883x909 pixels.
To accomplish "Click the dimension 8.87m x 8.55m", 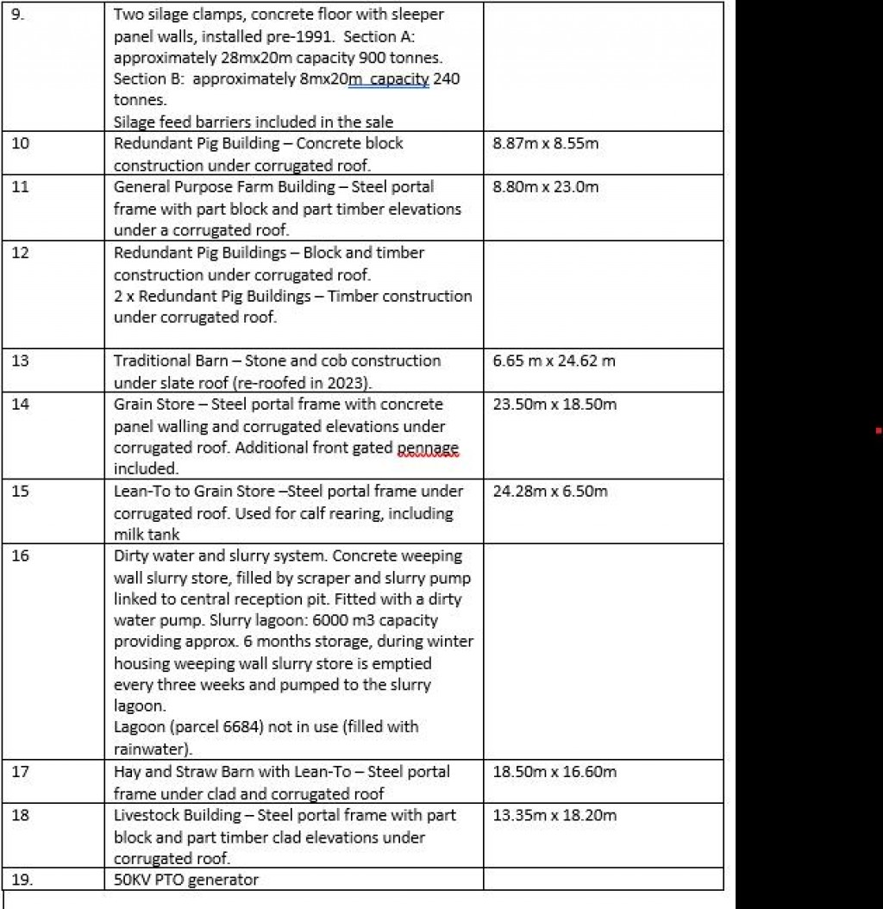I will [545, 144].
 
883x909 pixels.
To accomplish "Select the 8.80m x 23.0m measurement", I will [545, 187].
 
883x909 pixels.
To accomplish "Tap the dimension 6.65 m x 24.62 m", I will [554, 360].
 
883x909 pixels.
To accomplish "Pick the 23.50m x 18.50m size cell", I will [554, 404].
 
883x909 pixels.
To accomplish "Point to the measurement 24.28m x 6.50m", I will [550, 492].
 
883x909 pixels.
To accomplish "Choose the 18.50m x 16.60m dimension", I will [554, 772].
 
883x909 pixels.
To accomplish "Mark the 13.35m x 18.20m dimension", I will [554, 815].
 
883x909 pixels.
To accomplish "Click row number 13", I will [20, 360].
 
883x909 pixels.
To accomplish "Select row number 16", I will [20, 556].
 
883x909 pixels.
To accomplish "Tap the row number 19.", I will [22, 880].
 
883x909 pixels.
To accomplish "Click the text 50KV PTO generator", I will [186, 880].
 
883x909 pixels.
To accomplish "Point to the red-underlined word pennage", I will [428, 448].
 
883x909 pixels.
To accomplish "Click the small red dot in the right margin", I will [878, 429].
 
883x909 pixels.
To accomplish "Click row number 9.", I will [18, 15].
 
